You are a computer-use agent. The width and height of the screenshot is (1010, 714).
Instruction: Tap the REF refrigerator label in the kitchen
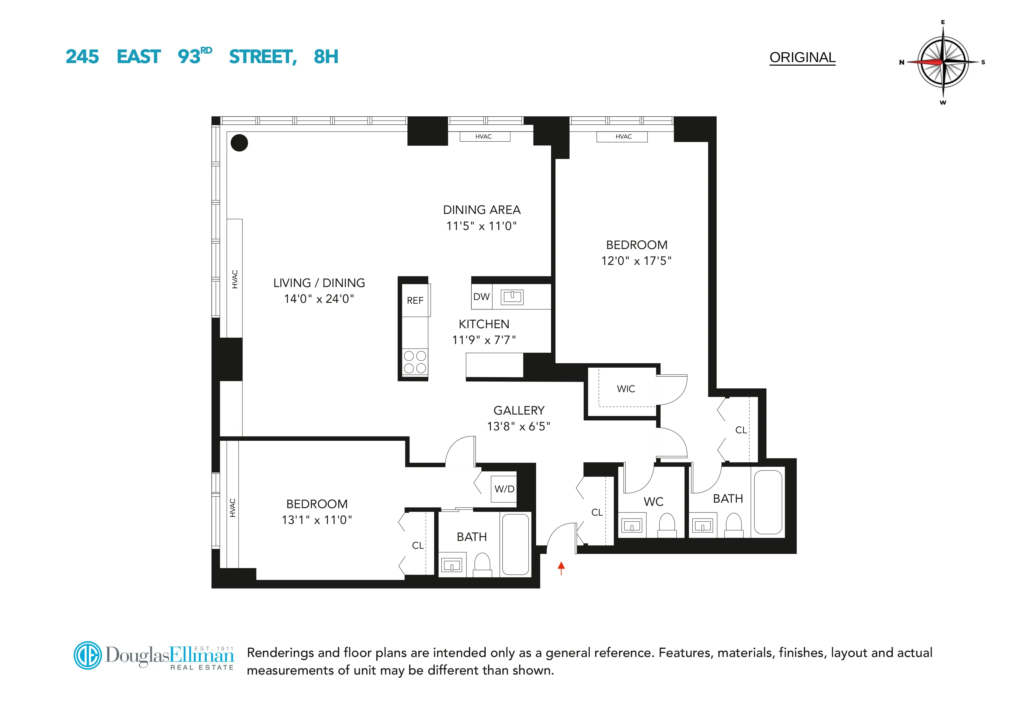tap(415, 301)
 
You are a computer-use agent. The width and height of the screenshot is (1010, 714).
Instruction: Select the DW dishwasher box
tap(481, 297)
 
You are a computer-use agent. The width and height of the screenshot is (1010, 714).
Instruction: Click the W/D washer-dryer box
tap(504, 489)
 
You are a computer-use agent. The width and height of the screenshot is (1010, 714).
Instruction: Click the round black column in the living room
tap(239, 143)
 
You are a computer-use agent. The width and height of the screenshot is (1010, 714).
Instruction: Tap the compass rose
tap(943, 62)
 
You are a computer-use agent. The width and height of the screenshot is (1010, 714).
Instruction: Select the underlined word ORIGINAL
tap(802, 58)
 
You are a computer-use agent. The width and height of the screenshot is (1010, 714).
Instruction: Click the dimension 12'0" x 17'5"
tap(636, 261)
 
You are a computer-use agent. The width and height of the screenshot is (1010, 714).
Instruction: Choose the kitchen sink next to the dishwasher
tap(512, 297)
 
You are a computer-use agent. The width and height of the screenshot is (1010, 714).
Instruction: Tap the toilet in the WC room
tap(667, 523)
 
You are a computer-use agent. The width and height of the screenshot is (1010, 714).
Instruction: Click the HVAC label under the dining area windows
tap(483, 137)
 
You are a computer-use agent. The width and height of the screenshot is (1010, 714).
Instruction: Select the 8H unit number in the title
tap(326, 57)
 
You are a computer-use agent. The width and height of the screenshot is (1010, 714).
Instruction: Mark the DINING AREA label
tap(482, 210)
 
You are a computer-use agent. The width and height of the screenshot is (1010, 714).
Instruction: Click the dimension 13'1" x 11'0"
tap(317, 520)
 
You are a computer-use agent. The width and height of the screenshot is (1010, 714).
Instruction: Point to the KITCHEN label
tap(484, 324)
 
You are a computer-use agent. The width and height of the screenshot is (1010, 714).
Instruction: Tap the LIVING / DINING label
tap(319, 283)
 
